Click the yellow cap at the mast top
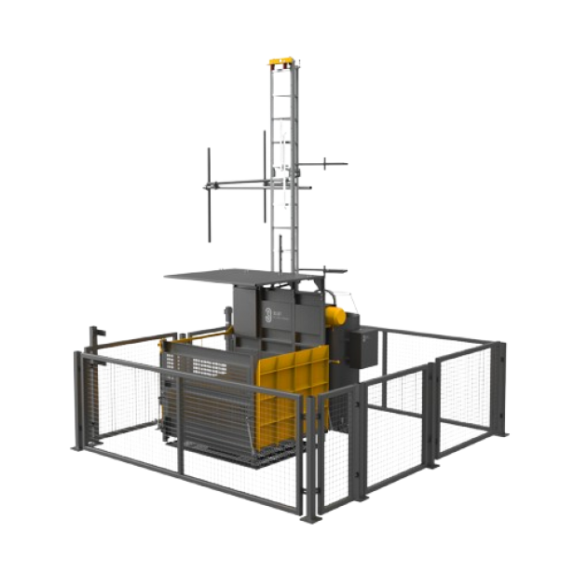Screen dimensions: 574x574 (x=281, y=61)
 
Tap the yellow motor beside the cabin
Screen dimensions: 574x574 (x=335, y=316)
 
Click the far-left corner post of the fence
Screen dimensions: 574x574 (x=79, y=401)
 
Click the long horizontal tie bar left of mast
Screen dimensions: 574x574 (x=238, y=182)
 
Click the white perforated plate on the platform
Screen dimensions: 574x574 (x=209, y=366)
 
